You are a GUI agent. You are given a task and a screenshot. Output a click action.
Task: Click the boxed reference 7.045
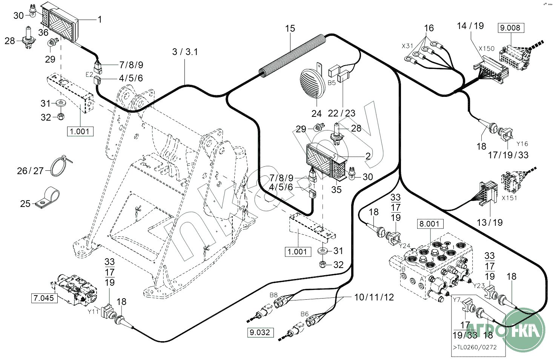(44, 298)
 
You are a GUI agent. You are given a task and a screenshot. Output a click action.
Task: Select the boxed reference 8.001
(430, 224)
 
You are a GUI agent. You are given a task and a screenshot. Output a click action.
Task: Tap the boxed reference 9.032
(260, 332)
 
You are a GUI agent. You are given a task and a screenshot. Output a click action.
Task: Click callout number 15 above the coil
(290, 29)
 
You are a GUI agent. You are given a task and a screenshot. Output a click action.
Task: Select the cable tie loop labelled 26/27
(60, 166)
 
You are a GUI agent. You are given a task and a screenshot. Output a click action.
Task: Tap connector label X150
(486, 49)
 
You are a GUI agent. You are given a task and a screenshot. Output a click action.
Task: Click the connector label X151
(509, 198)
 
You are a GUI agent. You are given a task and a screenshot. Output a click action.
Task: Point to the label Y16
(522, 144)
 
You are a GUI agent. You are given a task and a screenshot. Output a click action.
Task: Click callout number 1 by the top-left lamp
(100, 19)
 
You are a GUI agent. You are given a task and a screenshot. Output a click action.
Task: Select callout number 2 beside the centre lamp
(368, 156)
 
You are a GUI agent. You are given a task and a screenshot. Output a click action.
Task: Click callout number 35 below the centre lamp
(336, 190)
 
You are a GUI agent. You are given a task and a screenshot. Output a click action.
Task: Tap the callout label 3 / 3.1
(185, 52)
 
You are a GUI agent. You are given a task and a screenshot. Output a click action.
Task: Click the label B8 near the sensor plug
(273, 295)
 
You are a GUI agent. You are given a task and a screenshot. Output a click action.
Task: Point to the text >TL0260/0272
(475, 347)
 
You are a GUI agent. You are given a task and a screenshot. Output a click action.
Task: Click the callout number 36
(43, 32)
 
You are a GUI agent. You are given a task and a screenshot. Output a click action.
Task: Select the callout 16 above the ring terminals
(429, 28)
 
